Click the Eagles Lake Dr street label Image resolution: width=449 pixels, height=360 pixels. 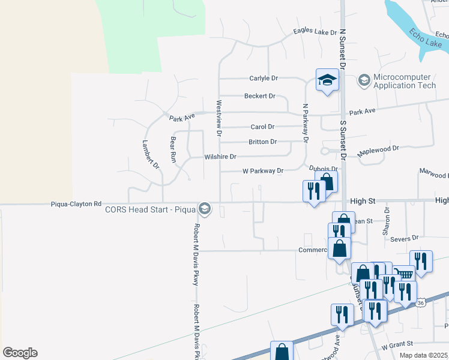315,32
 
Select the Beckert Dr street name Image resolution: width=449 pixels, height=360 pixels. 259,96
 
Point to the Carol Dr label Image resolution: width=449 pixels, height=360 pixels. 262,127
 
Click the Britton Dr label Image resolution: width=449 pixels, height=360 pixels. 262,142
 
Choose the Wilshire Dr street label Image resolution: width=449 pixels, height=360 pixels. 220,157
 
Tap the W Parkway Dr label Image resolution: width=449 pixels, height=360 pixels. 262,171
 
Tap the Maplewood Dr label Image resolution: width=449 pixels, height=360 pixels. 378,151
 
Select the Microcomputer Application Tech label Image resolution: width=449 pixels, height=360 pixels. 402,82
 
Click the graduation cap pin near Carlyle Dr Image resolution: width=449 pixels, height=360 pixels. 327,80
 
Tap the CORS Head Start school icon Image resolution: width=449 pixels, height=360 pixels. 205,209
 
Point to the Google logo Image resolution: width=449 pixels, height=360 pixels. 20,353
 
